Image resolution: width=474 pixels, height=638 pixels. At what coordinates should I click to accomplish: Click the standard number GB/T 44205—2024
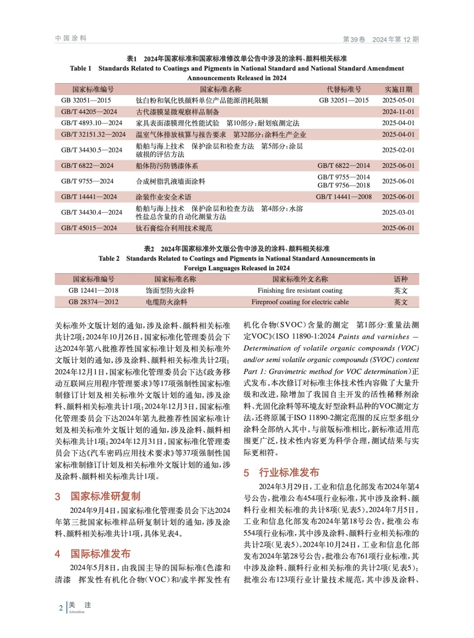pyautogui.click(x=89, y=112)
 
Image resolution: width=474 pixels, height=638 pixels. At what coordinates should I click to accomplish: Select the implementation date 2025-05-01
pyautogui.click(x=398, y=100)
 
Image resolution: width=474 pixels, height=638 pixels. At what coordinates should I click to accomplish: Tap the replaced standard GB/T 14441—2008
pyautogui.click(x=343, y=197)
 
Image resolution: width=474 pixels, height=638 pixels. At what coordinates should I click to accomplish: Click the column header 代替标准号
pyautogui.click(x=343, y=89)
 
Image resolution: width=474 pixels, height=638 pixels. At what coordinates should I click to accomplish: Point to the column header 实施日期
pyautogui.click(x=398, y=89)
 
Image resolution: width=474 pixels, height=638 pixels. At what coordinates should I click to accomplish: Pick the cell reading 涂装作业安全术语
pyautogui.click(x=163, y=197)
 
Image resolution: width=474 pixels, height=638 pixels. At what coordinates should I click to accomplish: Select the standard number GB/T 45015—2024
pyautogui.click(x=89, y=228)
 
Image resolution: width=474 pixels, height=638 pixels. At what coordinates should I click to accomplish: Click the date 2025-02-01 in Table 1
pyautogui.click(x=398, y=150)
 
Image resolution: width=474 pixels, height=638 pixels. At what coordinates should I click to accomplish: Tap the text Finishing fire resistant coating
pyautogui.click(x=300, y=290)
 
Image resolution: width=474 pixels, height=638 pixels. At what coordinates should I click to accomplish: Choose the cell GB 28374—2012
pyautogui.click(x=93, y=302)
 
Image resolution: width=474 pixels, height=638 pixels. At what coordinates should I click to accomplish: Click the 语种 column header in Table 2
pyautogui.click(x=401, y=279)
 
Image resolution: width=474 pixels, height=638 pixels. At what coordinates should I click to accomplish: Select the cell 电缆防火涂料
pyautogui.click(x=167, y=302)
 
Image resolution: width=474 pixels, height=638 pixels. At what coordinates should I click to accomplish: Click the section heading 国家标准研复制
pyautogui.click(x=105, y=496)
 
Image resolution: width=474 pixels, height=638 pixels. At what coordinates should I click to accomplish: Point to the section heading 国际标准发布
pyautogui.click(x=100, y=553)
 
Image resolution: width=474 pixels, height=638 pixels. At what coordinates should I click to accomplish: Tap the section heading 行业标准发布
pyautogui.click(x=289, y=473)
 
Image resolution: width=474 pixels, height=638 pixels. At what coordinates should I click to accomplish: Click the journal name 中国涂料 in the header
pyautogui.click(x=71, y=38)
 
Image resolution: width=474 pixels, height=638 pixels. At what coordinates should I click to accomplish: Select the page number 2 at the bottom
pyautogui.click(x=61, y=608)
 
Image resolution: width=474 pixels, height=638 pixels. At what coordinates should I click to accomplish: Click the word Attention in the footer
pyautogui.click(x=77, y=612)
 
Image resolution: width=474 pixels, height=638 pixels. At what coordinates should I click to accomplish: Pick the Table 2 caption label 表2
pyautogui.click(x=149, y=249)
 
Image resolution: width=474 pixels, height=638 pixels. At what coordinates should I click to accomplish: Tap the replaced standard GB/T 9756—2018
pyautogui.click(x=343, y=185)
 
